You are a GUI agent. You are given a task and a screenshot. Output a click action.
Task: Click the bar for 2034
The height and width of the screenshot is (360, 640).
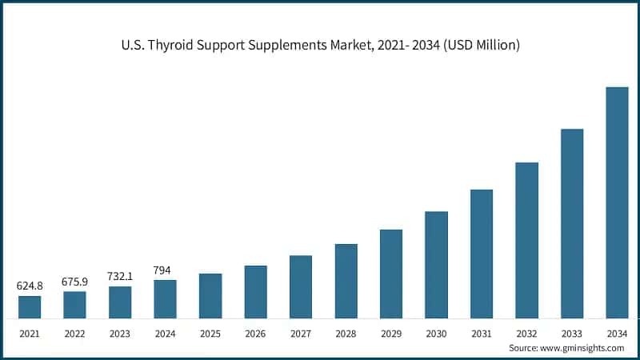pyautogui.click(x=617, y=202)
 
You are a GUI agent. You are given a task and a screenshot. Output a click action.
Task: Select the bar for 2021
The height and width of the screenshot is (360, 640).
pyautogui.click(x=30, y=307)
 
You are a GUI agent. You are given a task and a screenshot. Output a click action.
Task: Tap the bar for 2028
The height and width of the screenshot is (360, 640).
pyautogui.click(x=346, y=281)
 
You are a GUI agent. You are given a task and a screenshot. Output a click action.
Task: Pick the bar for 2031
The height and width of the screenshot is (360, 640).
pyautogui.click(x=482, y=254)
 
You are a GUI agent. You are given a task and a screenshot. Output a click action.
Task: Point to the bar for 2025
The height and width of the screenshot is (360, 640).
pyautogui.click(x=210, y=296)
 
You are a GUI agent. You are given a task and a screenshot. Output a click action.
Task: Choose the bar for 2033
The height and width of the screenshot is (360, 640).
pyautogui.click(x=572, y=223)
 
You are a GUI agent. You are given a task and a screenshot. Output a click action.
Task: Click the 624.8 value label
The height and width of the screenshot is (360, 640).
pyautogui.click(x=30, y=286)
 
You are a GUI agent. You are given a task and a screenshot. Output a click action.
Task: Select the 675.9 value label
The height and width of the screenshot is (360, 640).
pyautogui.click(x=74, y=281)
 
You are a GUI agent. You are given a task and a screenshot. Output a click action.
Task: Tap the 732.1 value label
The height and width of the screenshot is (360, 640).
pyautogui.click(x=120, y=276)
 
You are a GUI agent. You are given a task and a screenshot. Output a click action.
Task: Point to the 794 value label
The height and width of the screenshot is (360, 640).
pyautogui.click(x=165, y=270)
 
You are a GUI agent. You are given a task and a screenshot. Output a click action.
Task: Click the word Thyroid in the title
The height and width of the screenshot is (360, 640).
pyautogui.click(x=174, y=46)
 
